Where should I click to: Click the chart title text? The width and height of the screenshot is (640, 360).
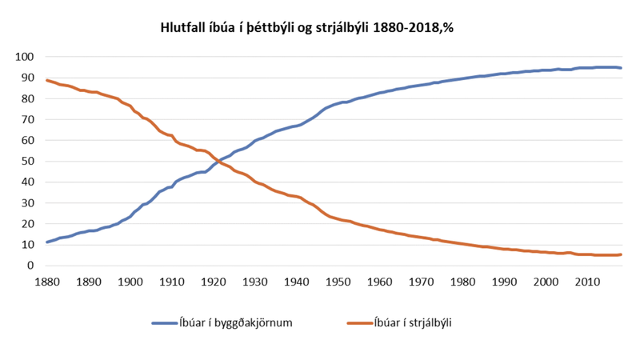point(308,27)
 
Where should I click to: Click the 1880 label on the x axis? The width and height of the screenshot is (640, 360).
point(47,282)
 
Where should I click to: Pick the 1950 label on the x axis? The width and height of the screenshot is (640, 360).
point(338,282)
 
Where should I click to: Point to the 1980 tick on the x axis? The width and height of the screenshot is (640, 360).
point(463,282)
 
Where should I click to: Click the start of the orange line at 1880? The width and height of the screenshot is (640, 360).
point(47,80)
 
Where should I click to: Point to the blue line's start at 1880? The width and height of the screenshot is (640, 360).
point(47,242)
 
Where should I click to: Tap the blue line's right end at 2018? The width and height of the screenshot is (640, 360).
point(621,68)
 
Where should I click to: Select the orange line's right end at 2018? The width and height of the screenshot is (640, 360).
point(621,254)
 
